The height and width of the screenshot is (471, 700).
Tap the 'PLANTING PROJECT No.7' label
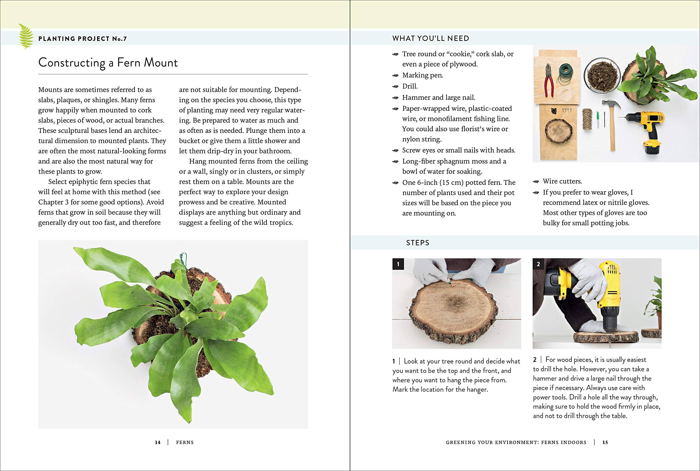pyautogui.click(x=83, y=39)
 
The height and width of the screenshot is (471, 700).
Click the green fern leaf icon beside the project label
pyautogui.click(x=26, y=36)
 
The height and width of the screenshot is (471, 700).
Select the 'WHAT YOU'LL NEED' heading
pyautogui.click(x=430, y=39)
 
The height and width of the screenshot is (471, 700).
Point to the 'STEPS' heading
pyautogui.click(x=418, y=243)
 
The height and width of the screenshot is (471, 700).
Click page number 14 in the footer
pyautogui.click(x=158, y=442)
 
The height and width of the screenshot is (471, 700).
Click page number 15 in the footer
pyautogui.click(x=605, y=442)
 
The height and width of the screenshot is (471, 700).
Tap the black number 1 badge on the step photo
pyautogui.click(x=398, y=264)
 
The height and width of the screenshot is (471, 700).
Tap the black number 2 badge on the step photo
pyautogui.click(x=538, y=264)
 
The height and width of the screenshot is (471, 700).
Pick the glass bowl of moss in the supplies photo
pyautogui.click(x=601, y=75)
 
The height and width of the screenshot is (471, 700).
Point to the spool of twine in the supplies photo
pyautogui.click(x=587, y=119)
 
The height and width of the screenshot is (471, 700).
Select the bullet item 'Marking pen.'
pyautogui.click(x=422, y=75)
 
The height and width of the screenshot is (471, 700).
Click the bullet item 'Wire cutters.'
pyautogui.click(x=562, y=181)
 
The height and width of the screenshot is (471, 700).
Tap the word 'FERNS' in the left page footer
pyautogui.click(x=185, y=442)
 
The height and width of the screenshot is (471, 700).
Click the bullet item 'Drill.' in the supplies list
pyautogui.click(x=410, y=86)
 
